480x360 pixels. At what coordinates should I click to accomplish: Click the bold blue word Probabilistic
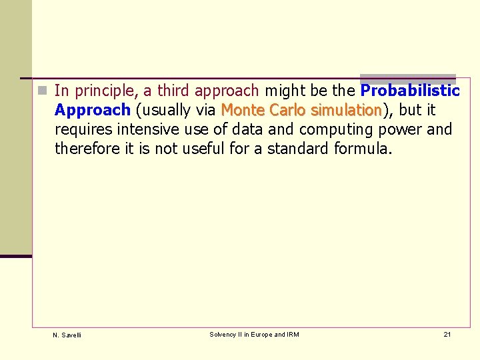[410, 90]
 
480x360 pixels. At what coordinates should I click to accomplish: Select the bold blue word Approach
[92, 110]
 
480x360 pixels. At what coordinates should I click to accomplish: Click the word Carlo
[289, 109]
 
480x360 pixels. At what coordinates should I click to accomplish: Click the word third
[174, 90]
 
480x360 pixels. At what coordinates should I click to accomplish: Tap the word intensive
[147, 129]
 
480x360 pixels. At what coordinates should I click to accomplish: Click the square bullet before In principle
[41, 90]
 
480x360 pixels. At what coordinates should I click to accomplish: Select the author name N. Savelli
[67, 335]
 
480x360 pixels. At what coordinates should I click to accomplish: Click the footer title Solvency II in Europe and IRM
[254, 334]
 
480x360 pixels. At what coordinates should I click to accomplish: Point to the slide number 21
[447, 334]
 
